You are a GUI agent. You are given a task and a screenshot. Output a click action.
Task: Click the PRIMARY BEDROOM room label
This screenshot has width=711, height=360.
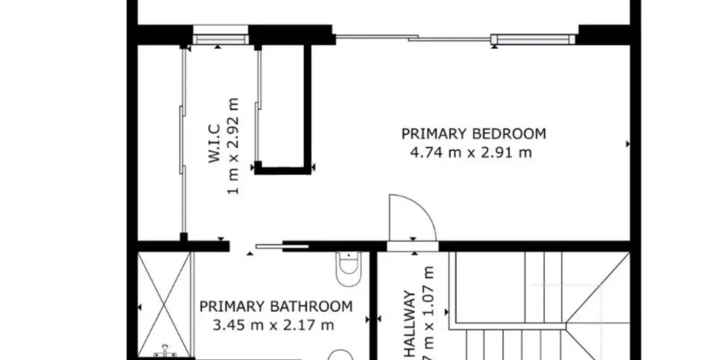pyautogui.click(x=473, y=134)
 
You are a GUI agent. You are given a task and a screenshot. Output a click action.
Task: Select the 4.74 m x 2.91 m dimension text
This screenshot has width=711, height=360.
pyautogui.click(x=471, y=153)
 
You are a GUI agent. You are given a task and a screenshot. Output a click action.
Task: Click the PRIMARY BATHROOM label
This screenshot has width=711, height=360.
pyautogui.click(x=276, y=306)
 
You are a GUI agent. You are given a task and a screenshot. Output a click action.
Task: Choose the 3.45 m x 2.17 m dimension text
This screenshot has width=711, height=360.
pyautogui.click(x=273, y=325)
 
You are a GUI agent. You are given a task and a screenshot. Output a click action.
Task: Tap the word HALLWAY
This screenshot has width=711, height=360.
pyautogui.click(x=410, y=323)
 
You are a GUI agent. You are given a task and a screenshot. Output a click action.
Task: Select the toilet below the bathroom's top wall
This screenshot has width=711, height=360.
pyautogui.click(x=349, y=268)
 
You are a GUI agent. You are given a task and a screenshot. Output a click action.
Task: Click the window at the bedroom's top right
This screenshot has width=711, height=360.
pyautogui.click(x=533, y=40)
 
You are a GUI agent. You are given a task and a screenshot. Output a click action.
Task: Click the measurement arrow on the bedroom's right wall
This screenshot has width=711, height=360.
pyautogui.click(x=628, y=144)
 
